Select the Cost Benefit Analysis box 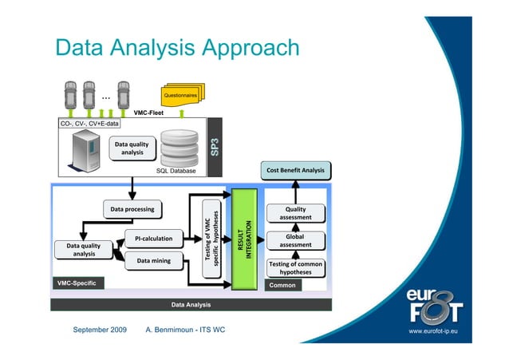coord(295,170)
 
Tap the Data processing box coord(132,209)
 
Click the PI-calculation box coord(153,238)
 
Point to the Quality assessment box coord(295,213)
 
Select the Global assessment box coord(295,241)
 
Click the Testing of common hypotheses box coord(295,267)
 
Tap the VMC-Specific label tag coord(76,283)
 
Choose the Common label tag coord(283,285)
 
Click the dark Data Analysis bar coord(191,304)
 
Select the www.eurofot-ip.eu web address coord(438,330)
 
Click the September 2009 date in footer coord(100,330)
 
